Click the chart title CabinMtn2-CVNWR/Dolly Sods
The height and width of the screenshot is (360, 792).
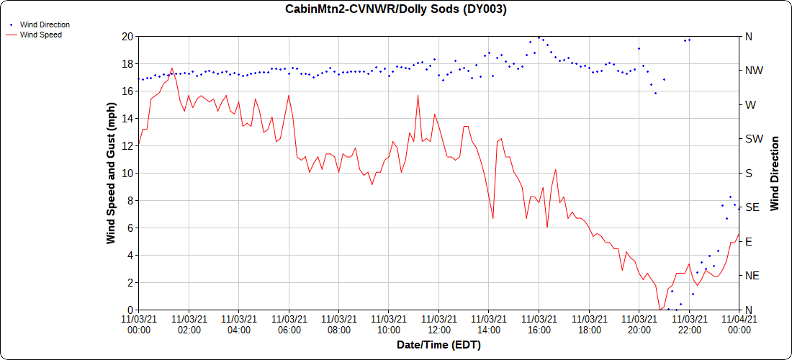(x=396, y=9)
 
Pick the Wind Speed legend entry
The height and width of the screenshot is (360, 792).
(x=40, y=35)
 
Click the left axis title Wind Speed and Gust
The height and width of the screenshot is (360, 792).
(x=111, y=173)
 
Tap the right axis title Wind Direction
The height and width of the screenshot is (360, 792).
(x=775, y=173)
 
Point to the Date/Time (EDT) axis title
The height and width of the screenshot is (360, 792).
(x=438, y=345)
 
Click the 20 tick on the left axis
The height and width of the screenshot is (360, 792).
(x=127, y=36)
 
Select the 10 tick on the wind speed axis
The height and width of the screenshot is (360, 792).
(x=127, y=173)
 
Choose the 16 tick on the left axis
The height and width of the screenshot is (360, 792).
(x=127, y=91)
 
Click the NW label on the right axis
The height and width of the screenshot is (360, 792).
(x=753, y=71)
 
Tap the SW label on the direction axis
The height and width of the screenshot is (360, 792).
(x=753, y=139)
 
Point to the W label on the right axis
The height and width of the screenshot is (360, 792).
(x=750, y=104)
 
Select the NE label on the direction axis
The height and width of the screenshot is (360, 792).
(x=752, y=276)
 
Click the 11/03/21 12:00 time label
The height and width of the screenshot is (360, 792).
(x=438, y=324)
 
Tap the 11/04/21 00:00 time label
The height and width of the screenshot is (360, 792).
(x=739, y=324)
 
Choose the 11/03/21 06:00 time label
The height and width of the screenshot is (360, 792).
(x=289, y=324)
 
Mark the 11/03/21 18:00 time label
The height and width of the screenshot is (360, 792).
(x=589, y=324)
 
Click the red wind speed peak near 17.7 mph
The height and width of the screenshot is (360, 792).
(x=171, y=68)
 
